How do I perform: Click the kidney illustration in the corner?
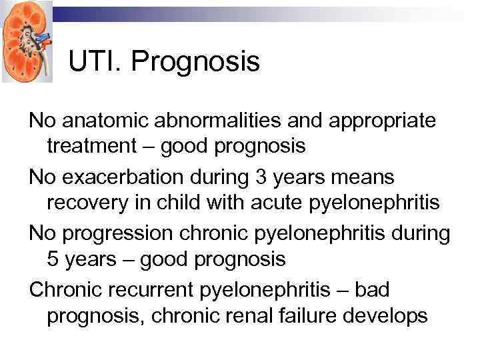click(x=26, y=41)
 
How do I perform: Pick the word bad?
click(x=375, y=291)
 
